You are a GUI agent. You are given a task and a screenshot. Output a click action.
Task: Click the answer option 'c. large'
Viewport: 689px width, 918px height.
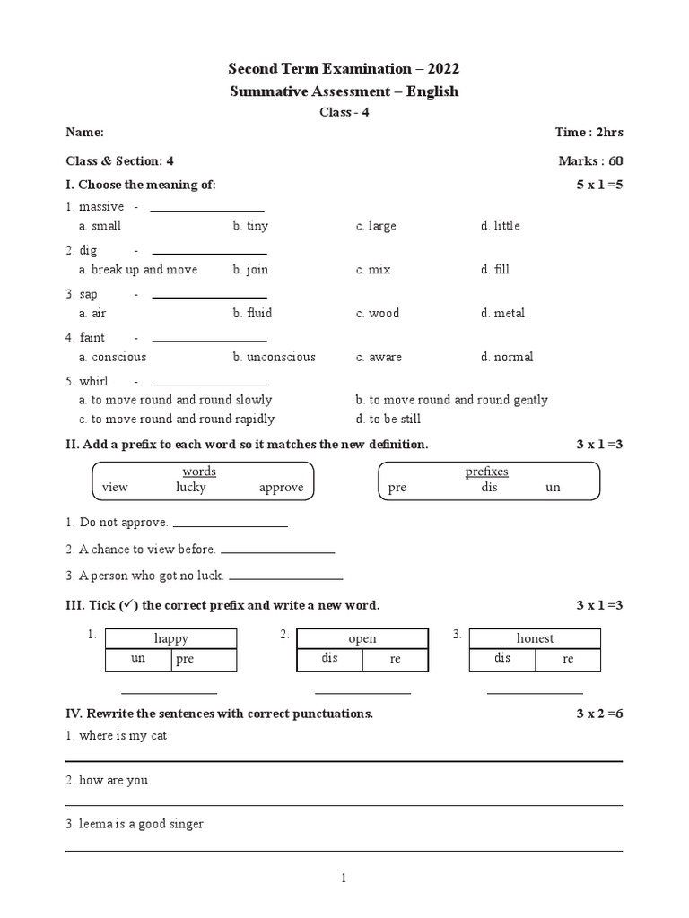375,226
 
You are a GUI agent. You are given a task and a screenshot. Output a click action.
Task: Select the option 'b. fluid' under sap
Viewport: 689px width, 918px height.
252,313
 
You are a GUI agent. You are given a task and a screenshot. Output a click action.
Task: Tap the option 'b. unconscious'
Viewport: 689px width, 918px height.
274,357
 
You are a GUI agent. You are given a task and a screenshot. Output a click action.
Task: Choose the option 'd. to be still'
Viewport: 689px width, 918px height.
388,419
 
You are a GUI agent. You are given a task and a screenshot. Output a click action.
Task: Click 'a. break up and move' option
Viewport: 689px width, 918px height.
137,269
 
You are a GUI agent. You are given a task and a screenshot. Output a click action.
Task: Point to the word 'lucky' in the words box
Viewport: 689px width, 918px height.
190,488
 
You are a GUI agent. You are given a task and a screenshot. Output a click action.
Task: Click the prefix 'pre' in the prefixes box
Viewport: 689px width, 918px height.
397,488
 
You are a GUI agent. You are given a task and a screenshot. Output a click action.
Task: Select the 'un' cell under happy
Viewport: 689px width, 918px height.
138,660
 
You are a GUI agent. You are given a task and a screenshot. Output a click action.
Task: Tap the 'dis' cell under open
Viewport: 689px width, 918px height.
329,659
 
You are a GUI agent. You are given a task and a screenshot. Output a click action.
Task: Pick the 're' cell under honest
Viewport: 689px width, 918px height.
568,659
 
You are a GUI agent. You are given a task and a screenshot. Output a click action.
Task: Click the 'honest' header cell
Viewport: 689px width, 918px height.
535,638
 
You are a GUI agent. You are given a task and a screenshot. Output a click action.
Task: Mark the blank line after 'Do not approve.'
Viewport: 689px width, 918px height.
230,525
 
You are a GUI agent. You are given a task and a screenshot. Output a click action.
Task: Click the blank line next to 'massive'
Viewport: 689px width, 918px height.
207,211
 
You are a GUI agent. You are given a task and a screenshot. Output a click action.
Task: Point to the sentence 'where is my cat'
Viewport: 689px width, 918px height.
123,735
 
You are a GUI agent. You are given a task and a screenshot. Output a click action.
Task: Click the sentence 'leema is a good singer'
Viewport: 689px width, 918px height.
141,824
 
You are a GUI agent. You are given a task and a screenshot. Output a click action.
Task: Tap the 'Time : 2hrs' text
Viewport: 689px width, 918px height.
589,133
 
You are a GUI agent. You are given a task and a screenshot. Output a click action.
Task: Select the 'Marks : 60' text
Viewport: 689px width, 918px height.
589,161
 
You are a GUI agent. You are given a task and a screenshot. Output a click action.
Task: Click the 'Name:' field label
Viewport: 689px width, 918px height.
84,133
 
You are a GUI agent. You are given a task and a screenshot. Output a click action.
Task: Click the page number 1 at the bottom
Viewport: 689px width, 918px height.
344,879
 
